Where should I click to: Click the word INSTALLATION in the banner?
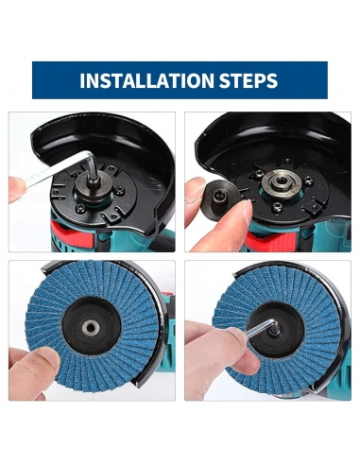tap(146, 80)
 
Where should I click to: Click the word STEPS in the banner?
tap(249, 80)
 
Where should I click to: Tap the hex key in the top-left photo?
tap(60, 170)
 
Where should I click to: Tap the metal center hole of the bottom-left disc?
tap(91, 329)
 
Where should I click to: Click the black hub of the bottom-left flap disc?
tap(92, 329)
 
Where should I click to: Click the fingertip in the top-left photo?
tap(16, 189)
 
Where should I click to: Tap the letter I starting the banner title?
tap(82, 81)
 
